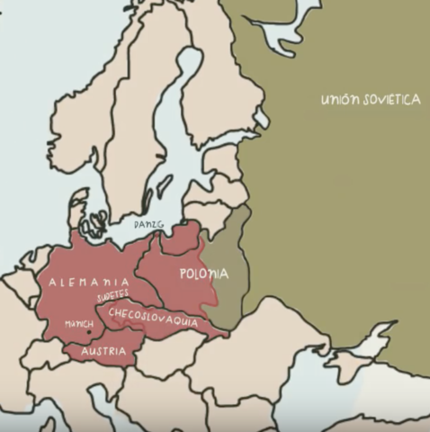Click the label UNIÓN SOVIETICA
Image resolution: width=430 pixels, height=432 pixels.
click(x=370, y=99)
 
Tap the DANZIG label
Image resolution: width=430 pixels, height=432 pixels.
click(x=148, y=222)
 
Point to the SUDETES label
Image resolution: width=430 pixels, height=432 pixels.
click(x=113, y=296)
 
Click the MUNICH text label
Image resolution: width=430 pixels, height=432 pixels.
click(x=78, y=324)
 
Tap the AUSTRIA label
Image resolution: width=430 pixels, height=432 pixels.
click(x=103, y=351)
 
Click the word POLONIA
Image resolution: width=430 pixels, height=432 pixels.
click(x=203, y=274)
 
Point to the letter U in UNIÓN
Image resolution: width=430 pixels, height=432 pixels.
click(x=325, y=100)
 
